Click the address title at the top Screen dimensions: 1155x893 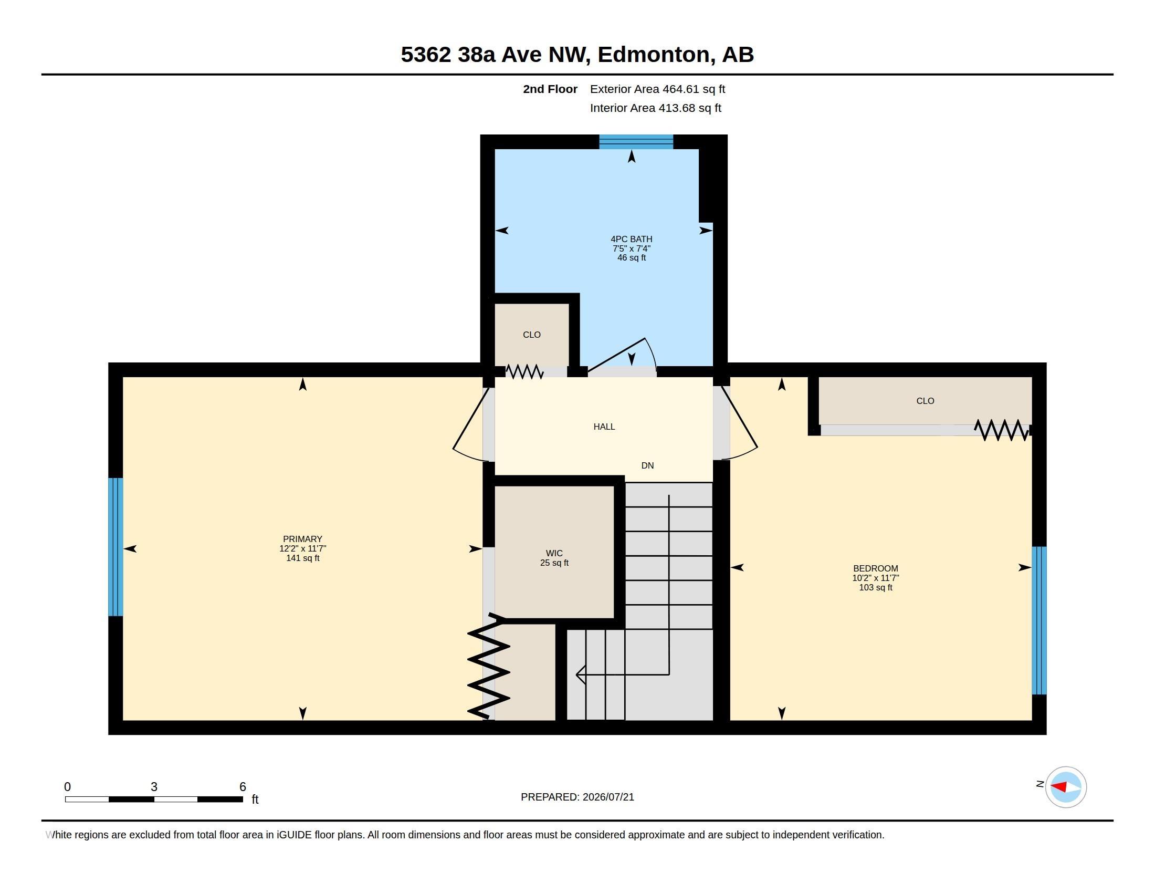point(577,55)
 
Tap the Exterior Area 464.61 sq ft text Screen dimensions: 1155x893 point(657,89)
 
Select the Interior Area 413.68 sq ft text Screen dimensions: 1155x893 point(655,108)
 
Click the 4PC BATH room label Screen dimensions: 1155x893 point(632,248)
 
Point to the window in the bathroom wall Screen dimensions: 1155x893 point(636,142)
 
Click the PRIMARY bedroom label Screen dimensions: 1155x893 point(302,548)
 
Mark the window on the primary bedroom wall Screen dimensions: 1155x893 point(116,547)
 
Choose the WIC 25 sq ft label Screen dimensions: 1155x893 point(554,558)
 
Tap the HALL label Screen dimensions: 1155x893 point(604,427)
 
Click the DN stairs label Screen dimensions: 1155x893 point(647,465)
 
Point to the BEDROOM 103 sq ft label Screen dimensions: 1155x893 point(875,578)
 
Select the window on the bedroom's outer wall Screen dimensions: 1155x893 point(1039,620)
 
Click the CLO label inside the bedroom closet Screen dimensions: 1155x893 point(925,401)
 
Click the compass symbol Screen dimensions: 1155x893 point(1066,787)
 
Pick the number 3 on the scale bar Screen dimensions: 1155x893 point(154,787)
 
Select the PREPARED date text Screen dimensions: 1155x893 point(577,797)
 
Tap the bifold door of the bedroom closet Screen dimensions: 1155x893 point(1002,430)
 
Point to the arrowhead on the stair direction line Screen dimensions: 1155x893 point(580,674)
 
